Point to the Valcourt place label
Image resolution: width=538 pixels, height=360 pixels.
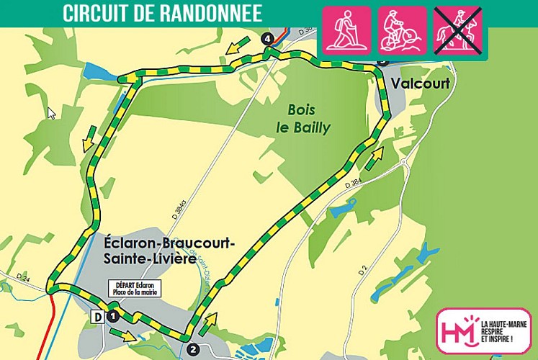click(420, 84)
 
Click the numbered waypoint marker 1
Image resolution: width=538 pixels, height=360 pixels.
click(112, 315)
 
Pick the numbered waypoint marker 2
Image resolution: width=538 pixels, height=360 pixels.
click(192, 349)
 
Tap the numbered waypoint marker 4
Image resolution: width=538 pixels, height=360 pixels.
click(268, 37)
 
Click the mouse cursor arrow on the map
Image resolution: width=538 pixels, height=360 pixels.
click(51, 113)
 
